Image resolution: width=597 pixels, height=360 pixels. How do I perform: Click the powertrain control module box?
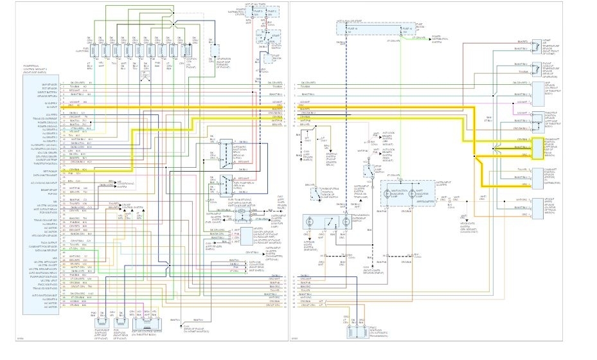42,193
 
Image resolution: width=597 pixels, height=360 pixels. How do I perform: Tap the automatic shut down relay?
226,151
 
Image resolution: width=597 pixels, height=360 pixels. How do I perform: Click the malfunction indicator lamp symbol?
393,192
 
